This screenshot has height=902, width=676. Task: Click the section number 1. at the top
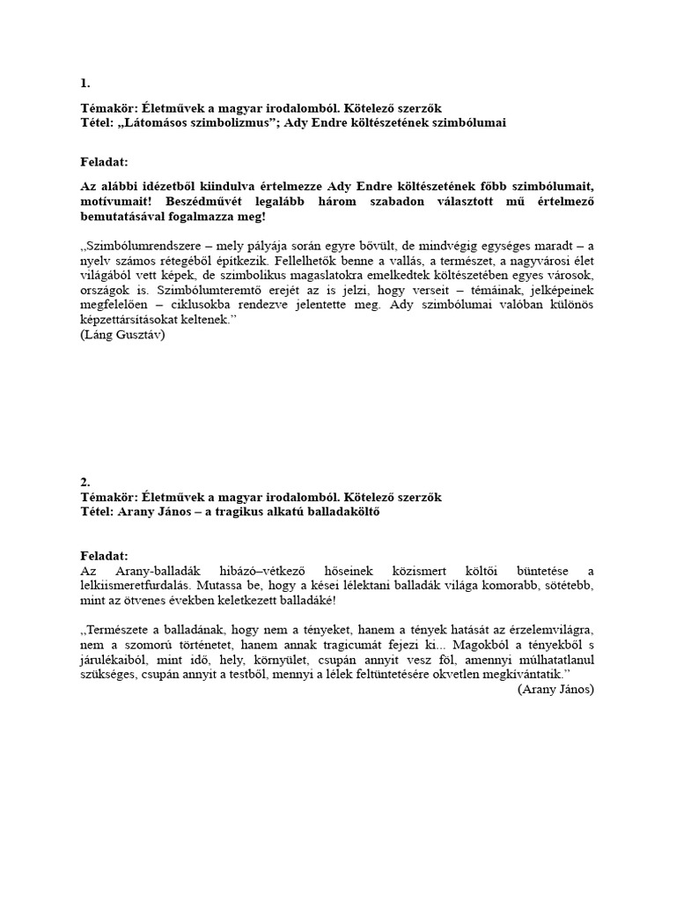pyautogui.click(x=84, y=84)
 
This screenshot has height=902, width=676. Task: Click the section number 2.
pyautogui.click(x=84, y=483)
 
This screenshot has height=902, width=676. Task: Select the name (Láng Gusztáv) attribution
pyautogui.click(x=121, y=335)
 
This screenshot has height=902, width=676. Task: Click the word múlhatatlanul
pyautogui.click(x=552, y=660)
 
